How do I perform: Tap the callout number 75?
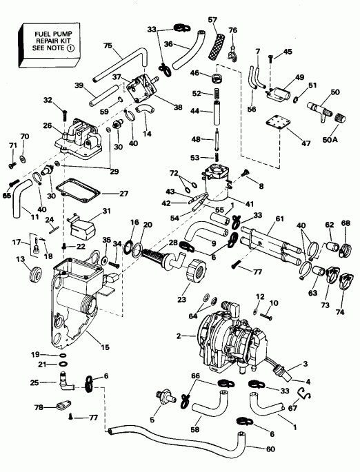click(106, 45)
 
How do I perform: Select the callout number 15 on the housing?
click(104, 347)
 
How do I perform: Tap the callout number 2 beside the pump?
click(178, 336)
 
